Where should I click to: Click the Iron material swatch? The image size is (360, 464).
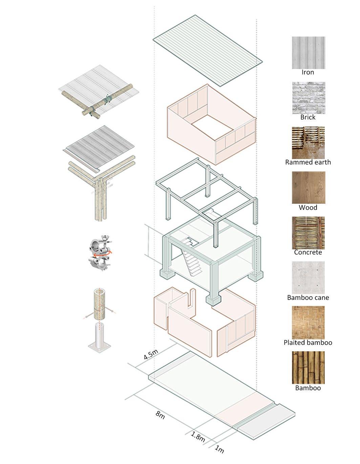coord(308,52)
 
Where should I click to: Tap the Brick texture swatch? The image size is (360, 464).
coord(308,97)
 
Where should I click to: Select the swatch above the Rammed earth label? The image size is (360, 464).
coord(308,142)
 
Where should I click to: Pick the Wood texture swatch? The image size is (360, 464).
coord(308,187)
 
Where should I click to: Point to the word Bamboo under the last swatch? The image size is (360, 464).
coord(308,388)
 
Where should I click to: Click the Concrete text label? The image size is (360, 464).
coord(308,252)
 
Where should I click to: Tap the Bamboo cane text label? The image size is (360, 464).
coord(308,297)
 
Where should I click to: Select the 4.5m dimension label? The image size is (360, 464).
coord(151,354)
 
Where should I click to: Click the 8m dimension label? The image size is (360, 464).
coord(161,415)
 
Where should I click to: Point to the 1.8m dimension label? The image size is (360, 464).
coord(198,436)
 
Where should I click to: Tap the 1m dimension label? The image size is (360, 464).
coord(219,449)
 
